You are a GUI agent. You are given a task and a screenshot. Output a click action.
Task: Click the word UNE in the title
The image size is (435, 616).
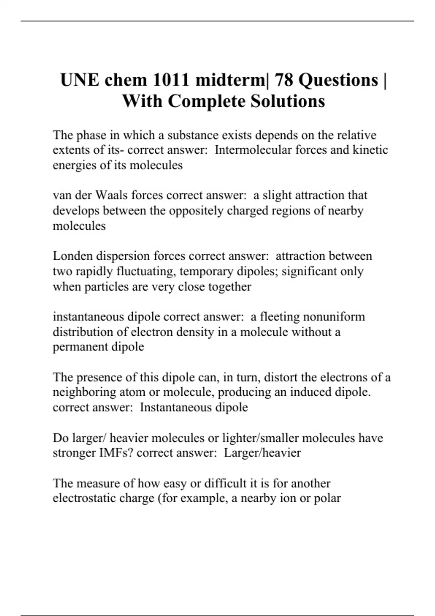[x=79, y=80]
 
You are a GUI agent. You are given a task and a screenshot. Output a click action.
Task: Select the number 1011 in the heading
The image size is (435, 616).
[x=171, y=80]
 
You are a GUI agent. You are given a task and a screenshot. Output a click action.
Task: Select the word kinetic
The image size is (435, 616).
[x=370, y=150]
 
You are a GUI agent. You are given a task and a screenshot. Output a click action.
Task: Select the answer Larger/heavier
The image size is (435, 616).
[x=262, y=453]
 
